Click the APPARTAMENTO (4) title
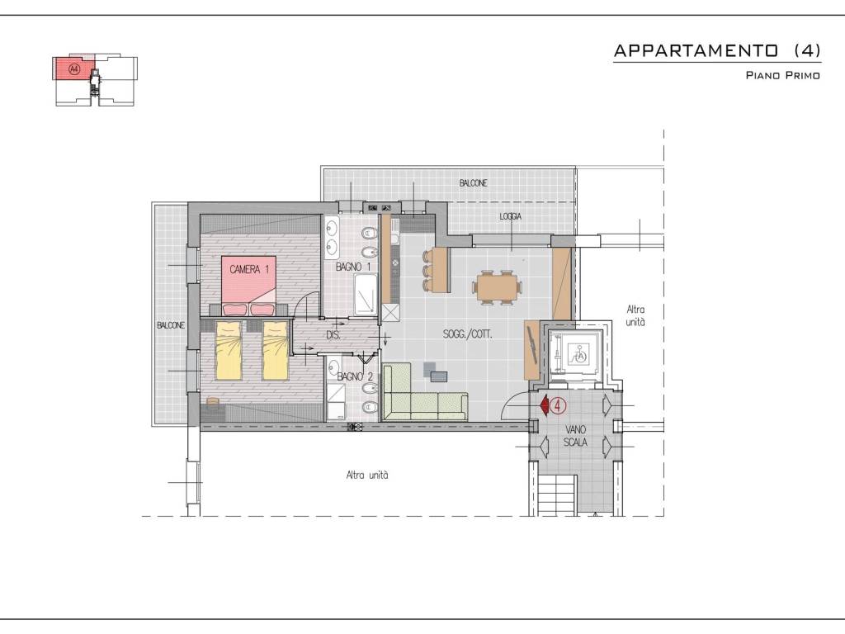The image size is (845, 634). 717,50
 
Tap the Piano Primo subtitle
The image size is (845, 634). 782,75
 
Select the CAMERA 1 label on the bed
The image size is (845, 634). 249,269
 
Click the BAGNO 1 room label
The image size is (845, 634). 353,267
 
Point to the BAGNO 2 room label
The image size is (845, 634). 355,376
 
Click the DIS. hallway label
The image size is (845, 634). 333,335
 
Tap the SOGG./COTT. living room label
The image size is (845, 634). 468,334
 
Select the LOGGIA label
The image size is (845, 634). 510,216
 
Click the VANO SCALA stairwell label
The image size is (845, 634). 575,436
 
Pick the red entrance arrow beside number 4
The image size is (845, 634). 543,405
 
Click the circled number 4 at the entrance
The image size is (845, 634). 559,405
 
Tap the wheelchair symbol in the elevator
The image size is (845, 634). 582,356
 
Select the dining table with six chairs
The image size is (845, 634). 498,286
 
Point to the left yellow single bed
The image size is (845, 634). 229,350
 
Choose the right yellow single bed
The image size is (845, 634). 276,350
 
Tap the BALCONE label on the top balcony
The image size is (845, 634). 473,183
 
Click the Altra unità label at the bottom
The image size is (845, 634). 367,475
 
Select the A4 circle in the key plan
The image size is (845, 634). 74,69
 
